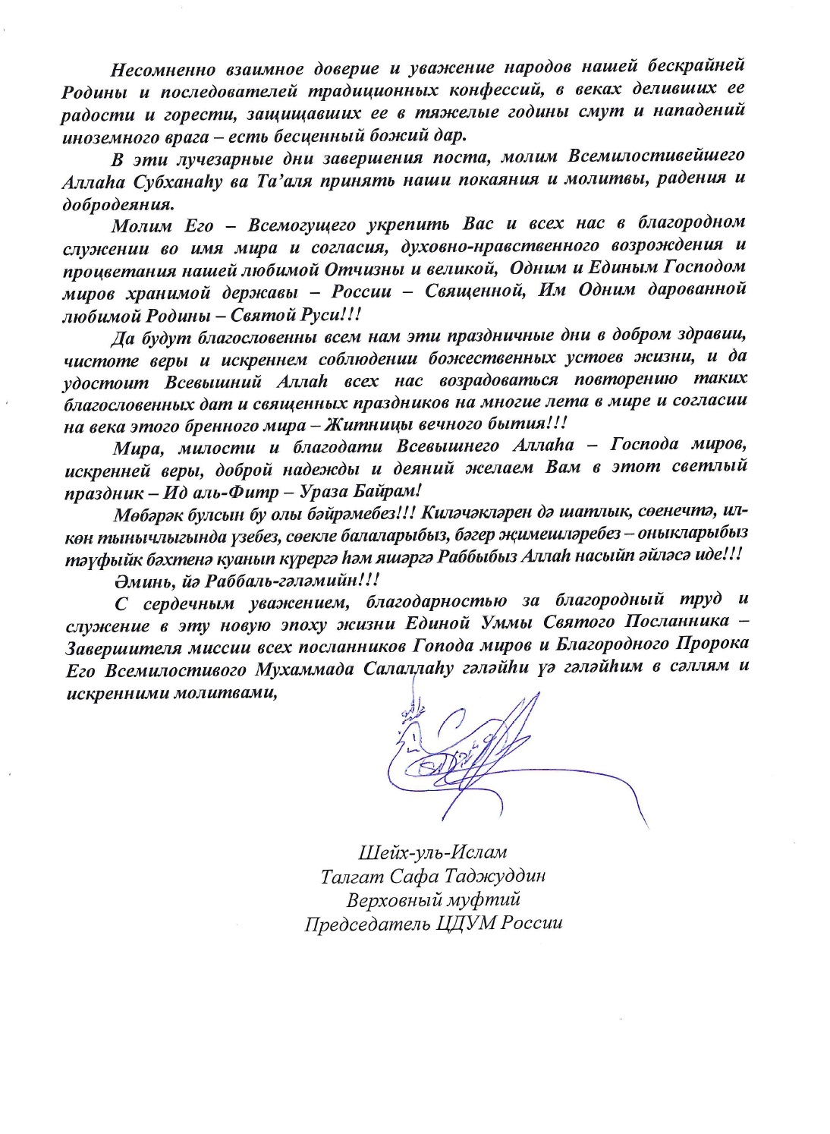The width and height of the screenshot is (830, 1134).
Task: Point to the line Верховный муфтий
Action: (x=433, y=900)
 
